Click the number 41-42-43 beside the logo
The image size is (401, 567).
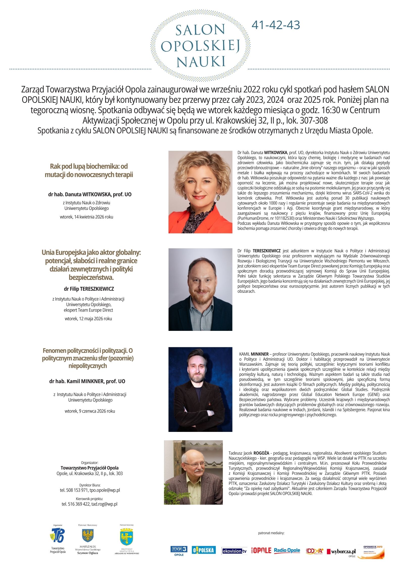tap(276, 25)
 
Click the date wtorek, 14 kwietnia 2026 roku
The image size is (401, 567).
tap(86, 217)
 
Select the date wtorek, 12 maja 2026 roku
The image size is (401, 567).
tap(88, 318)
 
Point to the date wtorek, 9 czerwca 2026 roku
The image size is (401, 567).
tap(90, 411)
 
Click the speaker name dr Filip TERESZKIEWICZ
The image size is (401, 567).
tap(89, 289)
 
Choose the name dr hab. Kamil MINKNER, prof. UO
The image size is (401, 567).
tap(87, 381)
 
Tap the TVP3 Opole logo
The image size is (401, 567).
tap(179, 550)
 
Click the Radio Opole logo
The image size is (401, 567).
tap(287, 550)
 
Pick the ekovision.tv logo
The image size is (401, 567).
tap(234, 551)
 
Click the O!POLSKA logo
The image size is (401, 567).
tap(203, 550)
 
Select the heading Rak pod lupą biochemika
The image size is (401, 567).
tap(89, 170)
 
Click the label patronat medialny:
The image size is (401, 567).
tap(271, 533)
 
